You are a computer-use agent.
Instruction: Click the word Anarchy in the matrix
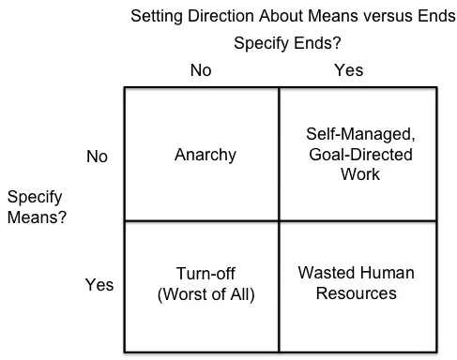click(206, 155)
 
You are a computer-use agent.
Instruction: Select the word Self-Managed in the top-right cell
click(360, 134)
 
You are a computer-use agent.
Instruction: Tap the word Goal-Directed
click(360, 155)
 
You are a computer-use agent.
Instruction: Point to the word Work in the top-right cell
click(360, 174)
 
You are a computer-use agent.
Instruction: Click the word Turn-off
click(206, 274)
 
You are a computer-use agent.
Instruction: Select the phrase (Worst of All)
click(206, 294)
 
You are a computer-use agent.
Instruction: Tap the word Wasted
click(326, 273)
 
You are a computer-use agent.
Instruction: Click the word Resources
click(357, 293)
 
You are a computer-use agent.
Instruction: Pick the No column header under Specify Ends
click(201, 70)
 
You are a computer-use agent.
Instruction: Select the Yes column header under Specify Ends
click(349, 70)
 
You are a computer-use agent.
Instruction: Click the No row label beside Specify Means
click(97, 157)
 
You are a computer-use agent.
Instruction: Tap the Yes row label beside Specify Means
click(99, 285)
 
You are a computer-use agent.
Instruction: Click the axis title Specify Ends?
click(287, 43)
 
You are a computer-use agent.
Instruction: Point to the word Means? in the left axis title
click(37, 217)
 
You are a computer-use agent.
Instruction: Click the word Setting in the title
click(157, 16)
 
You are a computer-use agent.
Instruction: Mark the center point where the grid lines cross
click(279, 221)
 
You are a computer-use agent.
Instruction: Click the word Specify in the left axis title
click(35, 198)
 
